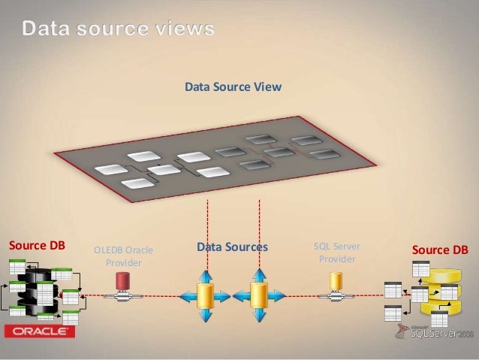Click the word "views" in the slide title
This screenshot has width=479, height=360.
coord(180,30)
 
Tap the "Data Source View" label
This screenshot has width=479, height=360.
coord(233,87)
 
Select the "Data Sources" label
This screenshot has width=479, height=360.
coord(232,247)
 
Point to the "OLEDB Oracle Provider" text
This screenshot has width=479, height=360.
coord(119,256)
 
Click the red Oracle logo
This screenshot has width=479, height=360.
coord(40,331)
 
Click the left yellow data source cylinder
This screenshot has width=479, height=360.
coord(205,295)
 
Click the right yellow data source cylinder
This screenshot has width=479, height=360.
coord(259,295)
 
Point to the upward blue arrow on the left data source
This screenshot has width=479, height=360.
coord(205,274)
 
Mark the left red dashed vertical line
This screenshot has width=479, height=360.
coord(205,225)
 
